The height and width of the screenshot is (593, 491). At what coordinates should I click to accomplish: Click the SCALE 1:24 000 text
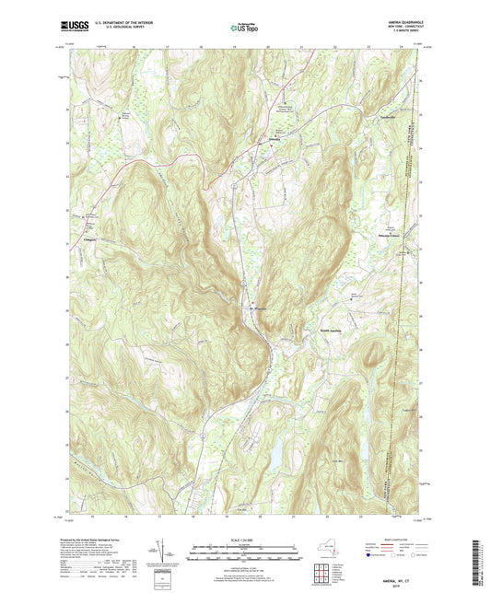[x=245, y=539]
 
